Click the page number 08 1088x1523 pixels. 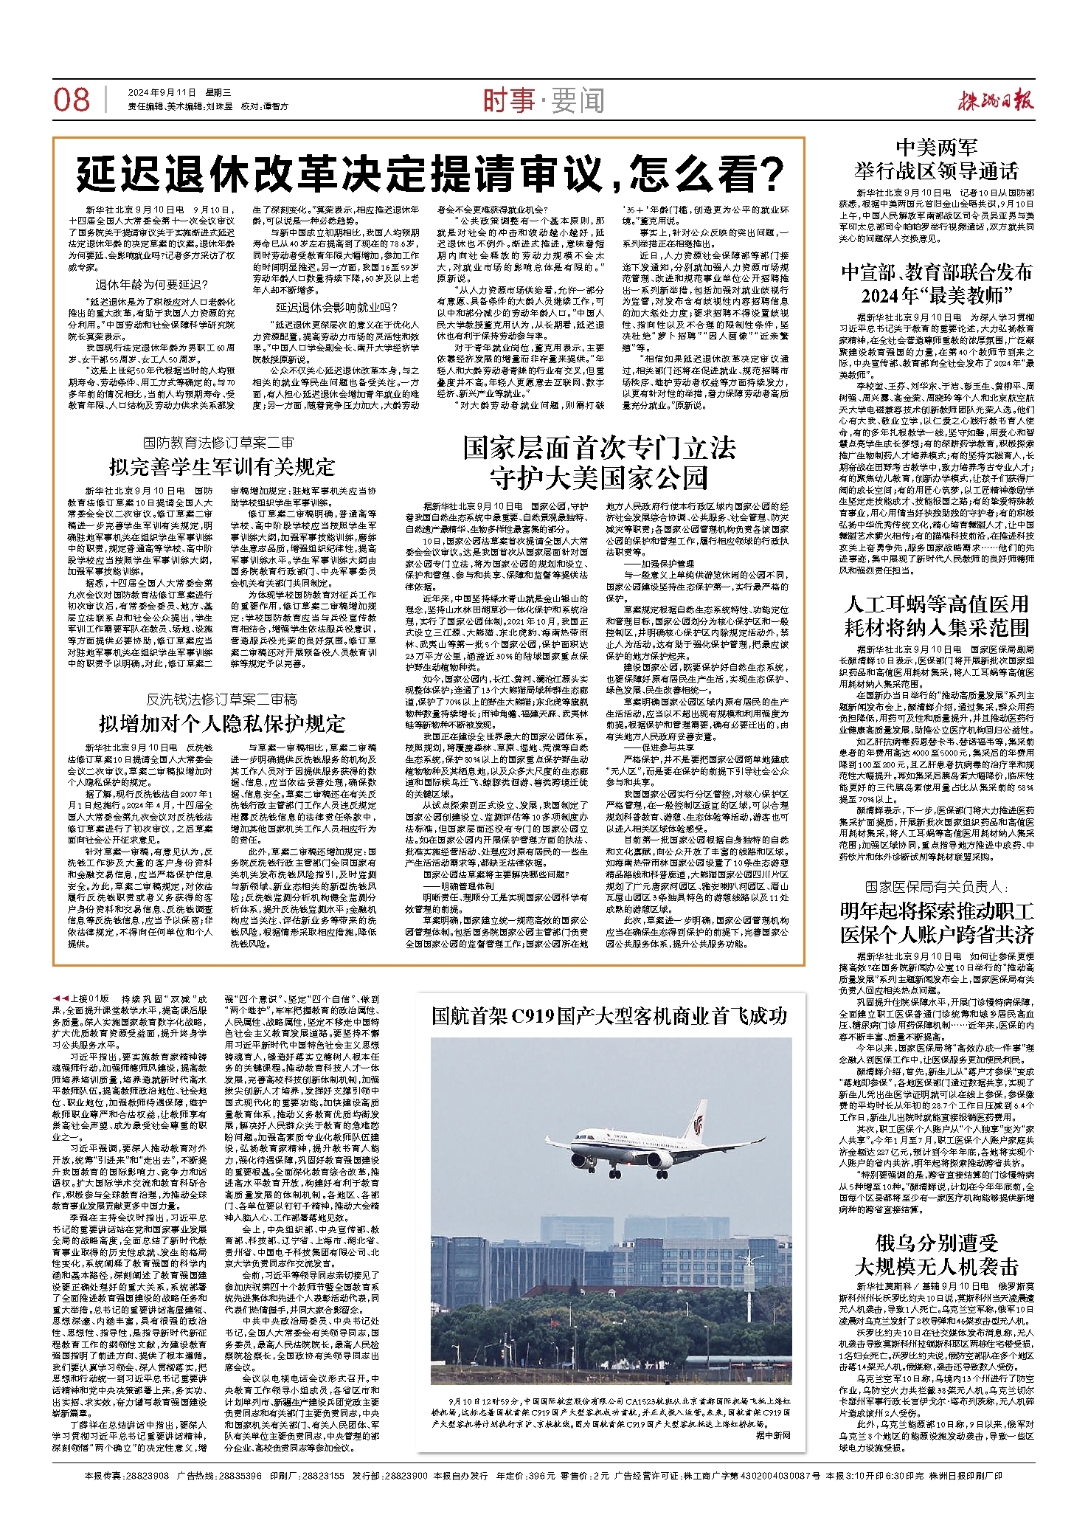(x=72, y=100)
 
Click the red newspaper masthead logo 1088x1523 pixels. (x=988, y=100)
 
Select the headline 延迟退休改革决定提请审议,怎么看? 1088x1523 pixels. (x=429, y=174)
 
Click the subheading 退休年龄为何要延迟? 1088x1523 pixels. (x=152, y=285)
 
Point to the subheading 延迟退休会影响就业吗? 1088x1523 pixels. (x=336, y=308)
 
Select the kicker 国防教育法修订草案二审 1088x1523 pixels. (x=218, y=443)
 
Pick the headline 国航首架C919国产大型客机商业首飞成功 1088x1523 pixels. (x=609, y=1016)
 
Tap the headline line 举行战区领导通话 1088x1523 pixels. (x=936, y=172)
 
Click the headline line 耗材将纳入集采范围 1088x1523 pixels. (x=936, y=628)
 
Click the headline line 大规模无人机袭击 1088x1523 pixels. (x=936, y=1267)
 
